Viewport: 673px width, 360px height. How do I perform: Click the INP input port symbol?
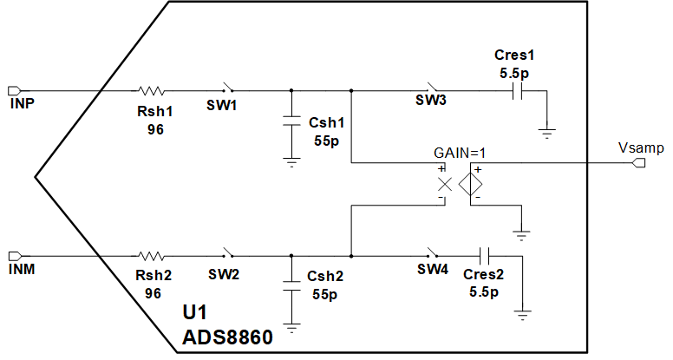pyautogui.click(x=15, y=90)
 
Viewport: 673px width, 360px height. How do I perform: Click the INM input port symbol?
pyautogui.click(x=15, y=256)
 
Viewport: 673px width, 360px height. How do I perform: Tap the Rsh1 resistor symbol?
pyautogui.click(x=153, y=90)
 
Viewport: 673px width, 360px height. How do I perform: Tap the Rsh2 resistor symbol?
pyautogui.click(x=153, y=256)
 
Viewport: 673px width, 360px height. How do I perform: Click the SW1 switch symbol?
pyautogui.click(x=229, y=88)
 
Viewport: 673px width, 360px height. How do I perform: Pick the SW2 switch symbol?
pyautogui.click(x=229, y=254)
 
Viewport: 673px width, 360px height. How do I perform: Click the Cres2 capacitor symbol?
pyautogui.click(x=485, y=256)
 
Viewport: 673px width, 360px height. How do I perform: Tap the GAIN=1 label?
pyautogui.click(x=461, y=153)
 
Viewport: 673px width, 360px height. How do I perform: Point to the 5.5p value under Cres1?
pyautogui.click(x=514, y=75)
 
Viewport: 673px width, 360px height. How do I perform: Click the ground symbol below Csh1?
pyautogui.click(x=291, y=161)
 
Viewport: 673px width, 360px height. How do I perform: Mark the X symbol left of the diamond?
pyautogui.click(x=444, y=184)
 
